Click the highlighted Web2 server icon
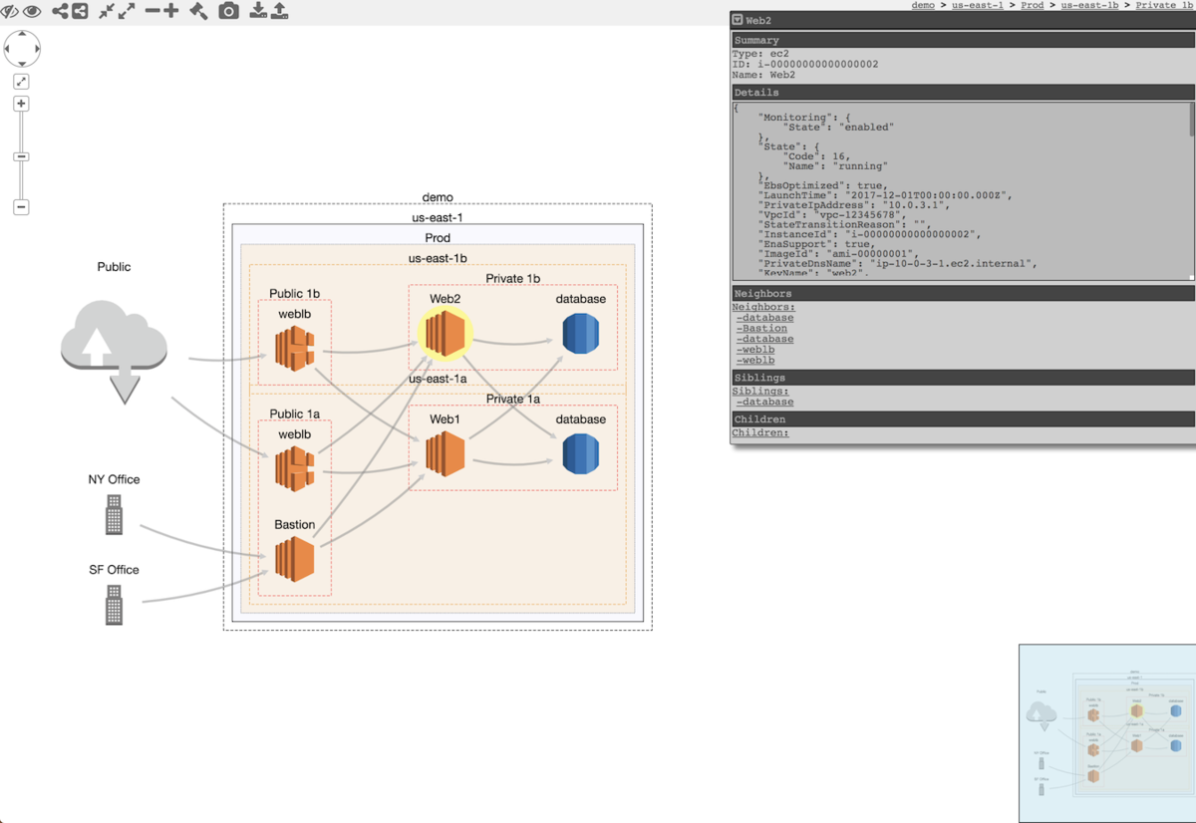click(x=445, y=333)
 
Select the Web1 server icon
click(x=445, y=454)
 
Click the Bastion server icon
click(x=294, y=559)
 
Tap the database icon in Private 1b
click(x=580, y=333)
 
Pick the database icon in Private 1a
click(x=580, y=454)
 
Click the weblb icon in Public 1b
click(x=294, y=348)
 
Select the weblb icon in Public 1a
click(x=294, y=468)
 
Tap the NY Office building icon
click(x=114, y=516)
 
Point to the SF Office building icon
click(x=114, y=605)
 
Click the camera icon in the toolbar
click(x=228, y=11)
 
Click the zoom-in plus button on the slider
click(x=21, y=104)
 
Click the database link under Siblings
click(x=766, y=403)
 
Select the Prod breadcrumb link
click(x=1032, y=6)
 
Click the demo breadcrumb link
click(x=923, y=6)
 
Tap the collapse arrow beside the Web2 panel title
click(x=738, y=20)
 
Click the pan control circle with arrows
click(x=22, y=48)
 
